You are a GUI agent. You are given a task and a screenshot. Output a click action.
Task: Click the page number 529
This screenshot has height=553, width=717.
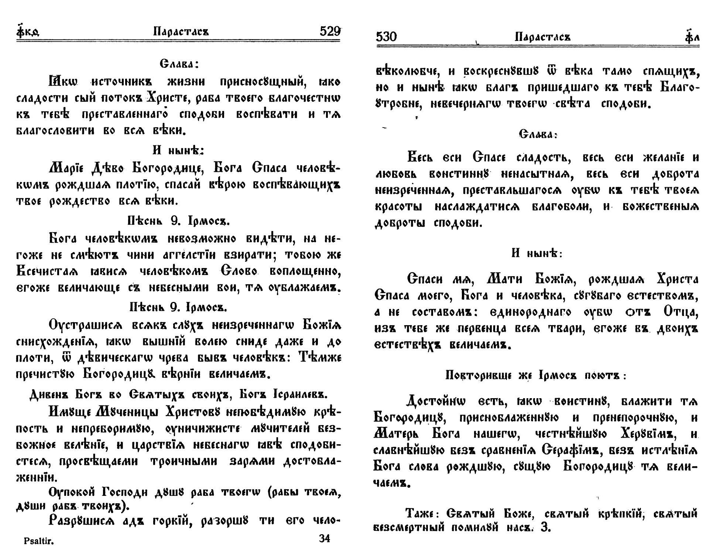(x=329, y=31)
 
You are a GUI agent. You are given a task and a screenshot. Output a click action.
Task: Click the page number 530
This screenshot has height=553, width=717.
(x=386, y=36)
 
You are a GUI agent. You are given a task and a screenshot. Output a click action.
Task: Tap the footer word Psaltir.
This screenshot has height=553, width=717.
(x=39, y=541)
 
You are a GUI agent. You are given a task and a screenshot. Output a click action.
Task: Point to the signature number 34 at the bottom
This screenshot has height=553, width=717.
(x=324, y=539)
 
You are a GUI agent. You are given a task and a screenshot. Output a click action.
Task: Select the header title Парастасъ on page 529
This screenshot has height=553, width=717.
(x=181, y=32)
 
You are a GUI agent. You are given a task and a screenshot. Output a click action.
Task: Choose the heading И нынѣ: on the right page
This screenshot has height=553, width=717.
(x=537, y=253)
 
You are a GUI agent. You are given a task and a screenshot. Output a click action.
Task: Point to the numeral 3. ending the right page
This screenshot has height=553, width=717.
(x=546, y=528)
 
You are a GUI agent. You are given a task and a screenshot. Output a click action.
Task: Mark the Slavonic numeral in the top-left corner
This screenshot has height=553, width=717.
(x=28, y=32)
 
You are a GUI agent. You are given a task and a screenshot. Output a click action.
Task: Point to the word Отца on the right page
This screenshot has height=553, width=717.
(x=680, y=312)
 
